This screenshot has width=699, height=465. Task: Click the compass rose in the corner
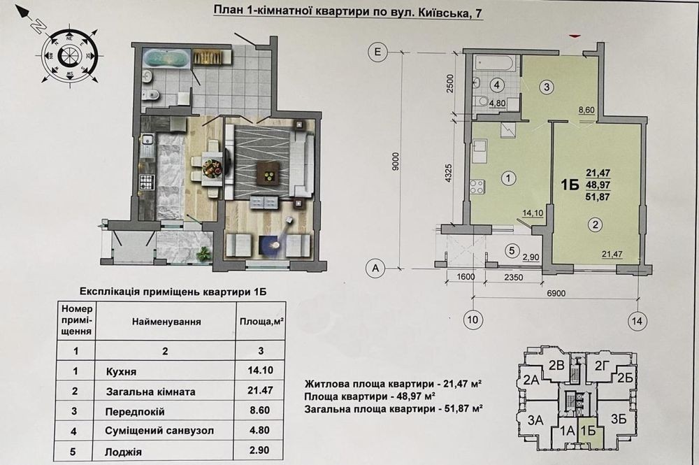click(69, 55)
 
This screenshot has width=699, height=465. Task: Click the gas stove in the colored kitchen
click(146, 183)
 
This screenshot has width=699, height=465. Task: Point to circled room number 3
click(547, 87)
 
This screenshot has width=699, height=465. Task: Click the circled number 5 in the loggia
click(512, 251)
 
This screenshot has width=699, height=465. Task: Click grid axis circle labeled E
click(377, 52)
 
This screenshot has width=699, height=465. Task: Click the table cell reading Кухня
click(121, 371)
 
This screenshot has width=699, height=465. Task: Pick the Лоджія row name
click(124, 452)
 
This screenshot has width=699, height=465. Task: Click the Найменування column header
click(166, 322)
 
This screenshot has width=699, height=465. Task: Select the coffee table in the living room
click(268, 172)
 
